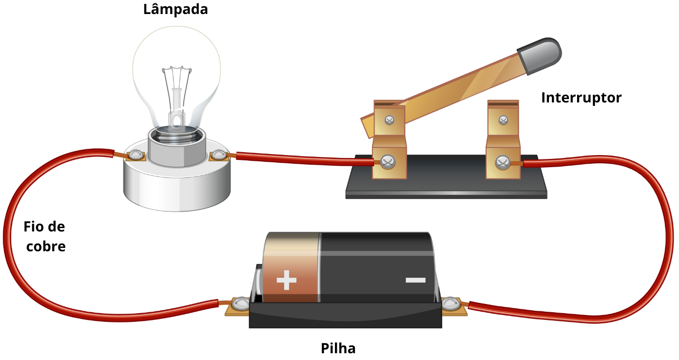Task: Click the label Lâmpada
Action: coord(175,9)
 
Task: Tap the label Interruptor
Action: coord(581,98)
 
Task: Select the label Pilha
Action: coord(338,348)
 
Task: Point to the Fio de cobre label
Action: coord(45,237)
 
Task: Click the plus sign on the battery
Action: coord(286,280)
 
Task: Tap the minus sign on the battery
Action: coord(415,280)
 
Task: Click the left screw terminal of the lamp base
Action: coord(136,155)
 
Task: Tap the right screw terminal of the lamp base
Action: coord(218,155)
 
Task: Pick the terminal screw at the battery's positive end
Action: coord(239,304)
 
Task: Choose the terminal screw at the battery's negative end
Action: coord(450,303)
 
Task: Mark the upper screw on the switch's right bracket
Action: coord(503,120)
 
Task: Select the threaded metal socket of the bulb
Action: coord(176,145)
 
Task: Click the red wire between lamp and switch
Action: coord(300,158)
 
